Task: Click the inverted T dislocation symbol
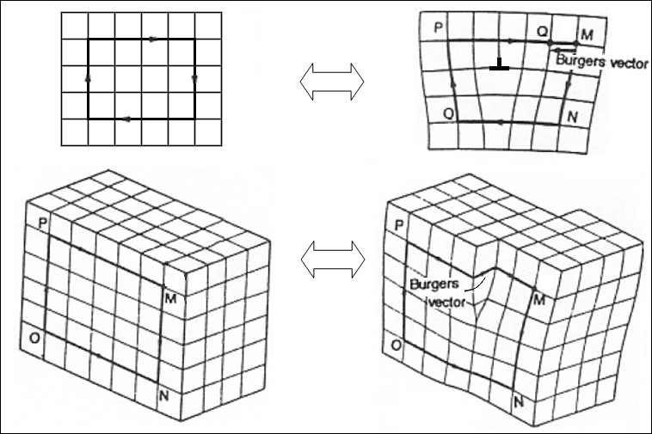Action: (x=498, y=65)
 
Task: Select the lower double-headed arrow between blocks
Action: (x=332, y=258)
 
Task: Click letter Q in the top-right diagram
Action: (x=543, y=31)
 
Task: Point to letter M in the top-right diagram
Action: (x=587, y=34)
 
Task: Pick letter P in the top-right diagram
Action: (x=439, y=28)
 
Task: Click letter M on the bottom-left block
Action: (x=169, y=298)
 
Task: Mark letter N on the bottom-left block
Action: (x=164, y=396)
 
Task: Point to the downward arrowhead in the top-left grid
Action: (x=194, y=79)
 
